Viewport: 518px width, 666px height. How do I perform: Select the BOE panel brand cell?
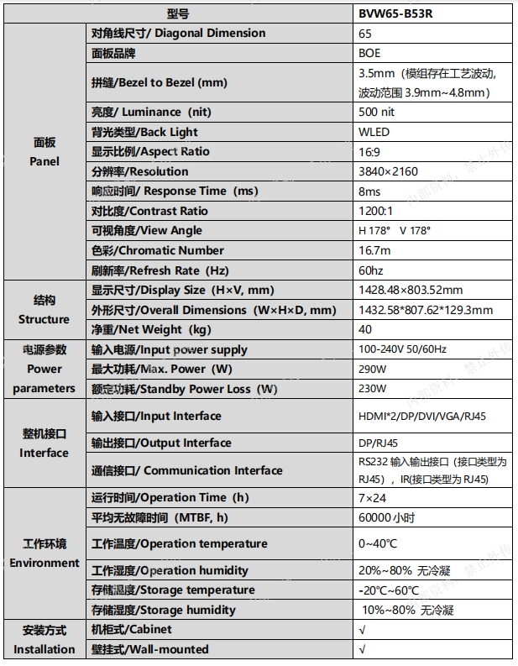click(x=369, y=53)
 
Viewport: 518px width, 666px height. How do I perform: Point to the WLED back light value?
click(x=374, y=132)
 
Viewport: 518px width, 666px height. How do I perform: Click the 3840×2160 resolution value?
click(x=388, y=171)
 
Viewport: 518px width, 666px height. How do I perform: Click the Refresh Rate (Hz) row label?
click(x=158, y=270)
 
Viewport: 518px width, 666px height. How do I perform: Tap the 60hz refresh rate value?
click(x=370, y=270)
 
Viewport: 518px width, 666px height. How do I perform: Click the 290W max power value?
click(x=372, y=369)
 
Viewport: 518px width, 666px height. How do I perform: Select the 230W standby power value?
click(x=372, y=389)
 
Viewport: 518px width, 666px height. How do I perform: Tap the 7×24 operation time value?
click(x=370, y=497)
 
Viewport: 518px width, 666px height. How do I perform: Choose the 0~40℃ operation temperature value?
click(x=378, y=543)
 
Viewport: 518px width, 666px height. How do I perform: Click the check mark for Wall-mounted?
click(x=362, y=649)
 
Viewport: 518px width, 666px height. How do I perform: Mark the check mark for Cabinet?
click(x=362, y=629)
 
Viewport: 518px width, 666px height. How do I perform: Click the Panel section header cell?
click(x=44, y=152)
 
